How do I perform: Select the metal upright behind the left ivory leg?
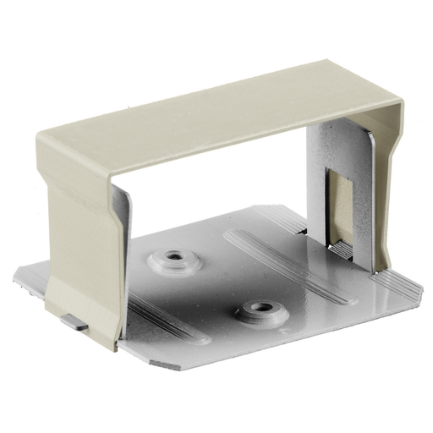(x=122, y=216)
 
